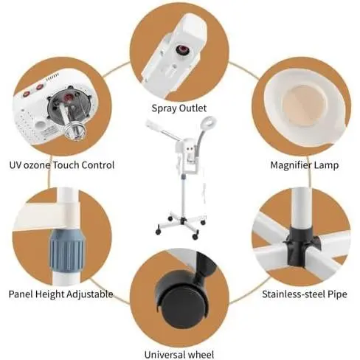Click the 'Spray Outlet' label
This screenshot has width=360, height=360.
tap(179, 108)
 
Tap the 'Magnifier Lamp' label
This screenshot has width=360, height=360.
tap(305, 165)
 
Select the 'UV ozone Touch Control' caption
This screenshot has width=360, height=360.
tap(62, 165)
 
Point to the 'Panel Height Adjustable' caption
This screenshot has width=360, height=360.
tap(60, 294)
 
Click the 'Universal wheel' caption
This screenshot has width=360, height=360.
tap(179, 355)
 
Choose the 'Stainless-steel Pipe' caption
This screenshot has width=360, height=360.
tap(305, 294)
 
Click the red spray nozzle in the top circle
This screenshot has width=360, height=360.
tap(183, 50)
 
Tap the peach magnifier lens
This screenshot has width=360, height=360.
tap(303, 105)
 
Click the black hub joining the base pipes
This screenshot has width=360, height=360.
tap(300, 246)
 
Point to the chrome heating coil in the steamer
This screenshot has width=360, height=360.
tap(75, 131)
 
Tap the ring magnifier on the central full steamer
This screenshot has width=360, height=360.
tap(211, 122)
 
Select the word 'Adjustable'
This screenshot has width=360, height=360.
tap(90, 294)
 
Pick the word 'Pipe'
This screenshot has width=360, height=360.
tap(337, 294)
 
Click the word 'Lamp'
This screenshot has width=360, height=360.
tap(327, 165)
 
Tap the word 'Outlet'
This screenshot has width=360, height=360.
tap(193, 108)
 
